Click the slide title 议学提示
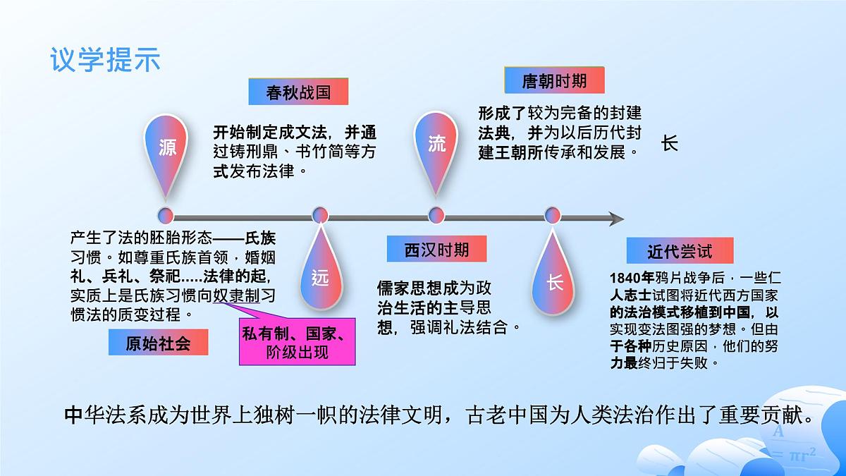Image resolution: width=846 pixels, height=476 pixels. (105, 59)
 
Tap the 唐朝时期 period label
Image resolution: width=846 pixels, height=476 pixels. (554, 80)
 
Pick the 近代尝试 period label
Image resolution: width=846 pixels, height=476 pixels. (680, 250)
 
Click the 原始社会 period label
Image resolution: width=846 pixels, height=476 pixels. (158, 343)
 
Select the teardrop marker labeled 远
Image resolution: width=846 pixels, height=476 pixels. (320, 277)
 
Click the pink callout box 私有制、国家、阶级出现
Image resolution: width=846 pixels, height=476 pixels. (297, 342)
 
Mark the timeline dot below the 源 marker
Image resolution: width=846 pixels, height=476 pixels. (166, 214)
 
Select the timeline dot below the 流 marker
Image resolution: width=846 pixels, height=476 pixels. (436, 214)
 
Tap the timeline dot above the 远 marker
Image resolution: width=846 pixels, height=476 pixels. (320, 214)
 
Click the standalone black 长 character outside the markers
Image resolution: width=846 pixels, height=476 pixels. (669, 143)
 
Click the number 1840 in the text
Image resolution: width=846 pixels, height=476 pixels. (626, 276)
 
